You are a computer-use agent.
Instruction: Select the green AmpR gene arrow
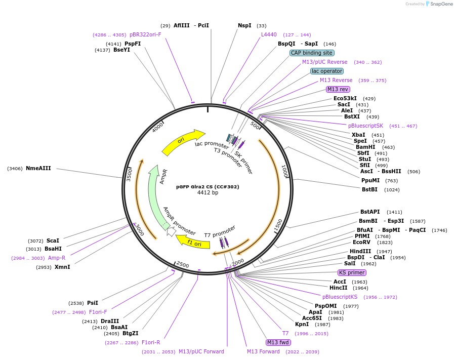[154, 197]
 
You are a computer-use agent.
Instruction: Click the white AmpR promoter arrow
[171, 231]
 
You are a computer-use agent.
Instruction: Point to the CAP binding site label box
[312, 53]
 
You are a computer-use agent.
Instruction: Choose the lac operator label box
[327, 71]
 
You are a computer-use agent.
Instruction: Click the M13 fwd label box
[278, 343]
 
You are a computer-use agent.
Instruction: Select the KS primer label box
[352, 272]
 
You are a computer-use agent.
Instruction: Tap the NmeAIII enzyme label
[38, 169]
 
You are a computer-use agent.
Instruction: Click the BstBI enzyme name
[369, 189]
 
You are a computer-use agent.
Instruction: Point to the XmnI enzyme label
[62, 267]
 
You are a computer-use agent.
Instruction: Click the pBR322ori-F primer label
[145, 34]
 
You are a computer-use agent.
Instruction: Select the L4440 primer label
[269, 34]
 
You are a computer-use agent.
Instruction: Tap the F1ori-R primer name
[151, 343]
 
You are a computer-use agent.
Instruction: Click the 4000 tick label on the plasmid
[158, 127]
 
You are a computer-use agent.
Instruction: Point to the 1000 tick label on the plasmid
[284, 171]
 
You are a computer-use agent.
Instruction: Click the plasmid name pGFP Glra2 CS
[208, 187]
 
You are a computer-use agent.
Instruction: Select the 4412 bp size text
[208, 192]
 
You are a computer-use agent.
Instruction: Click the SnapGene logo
[439, 4]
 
